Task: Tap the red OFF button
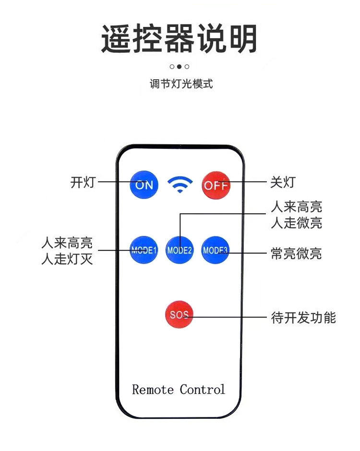pyautogui.click(x=216, y=185)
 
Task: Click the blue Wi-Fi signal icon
pyautogui.click(x=180, y=184)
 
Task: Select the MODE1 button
pyautogui.click(x=144, y=250)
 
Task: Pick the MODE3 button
pyautogui.click(x=216, y=250)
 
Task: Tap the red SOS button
pyautogui.click(x=180, y=315)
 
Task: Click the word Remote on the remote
pyautogui.click(x=153, y=389)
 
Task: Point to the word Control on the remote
pyautogui.click(x=203, y=389)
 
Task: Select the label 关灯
pyautogui.click(x=283, y=183)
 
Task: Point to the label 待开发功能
pyautogui.click(x=303, y=317)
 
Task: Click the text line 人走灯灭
pyautogui.click(x=67, y=259)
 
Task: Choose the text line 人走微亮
pyautogui.click(x=296, y=223)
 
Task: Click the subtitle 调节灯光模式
pyautogui.click(x=180, y=84)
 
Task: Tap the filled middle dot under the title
pyautogui.click(x=180, y=67)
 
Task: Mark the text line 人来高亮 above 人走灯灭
pyautogui.click(x=67, y=243)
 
